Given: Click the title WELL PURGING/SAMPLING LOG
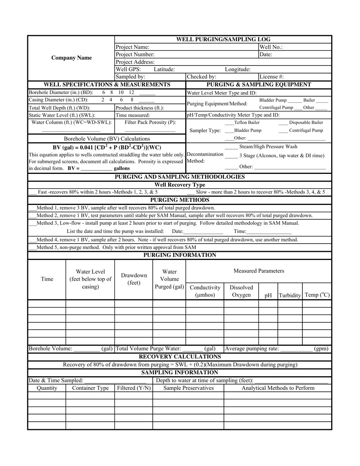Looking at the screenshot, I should point(223,39).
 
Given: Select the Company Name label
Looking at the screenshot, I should point(72,58).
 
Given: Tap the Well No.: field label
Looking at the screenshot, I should point(271,47).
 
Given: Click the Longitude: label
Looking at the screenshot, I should point(238,69).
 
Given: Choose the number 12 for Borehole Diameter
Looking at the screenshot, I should point(131,92).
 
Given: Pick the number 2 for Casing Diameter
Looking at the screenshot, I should point(103,100).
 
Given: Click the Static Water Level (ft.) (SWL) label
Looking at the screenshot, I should point(62,115).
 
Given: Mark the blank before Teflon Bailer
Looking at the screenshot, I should point(229,123).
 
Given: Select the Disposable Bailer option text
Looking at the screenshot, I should point(306,123).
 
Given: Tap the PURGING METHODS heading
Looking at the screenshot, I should point(180,200).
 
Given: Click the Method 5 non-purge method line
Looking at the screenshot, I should point(116,247).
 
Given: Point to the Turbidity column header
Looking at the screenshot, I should point(290,295).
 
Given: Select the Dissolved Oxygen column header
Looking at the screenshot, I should point(241,291).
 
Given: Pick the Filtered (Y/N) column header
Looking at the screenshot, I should point(133,388).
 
